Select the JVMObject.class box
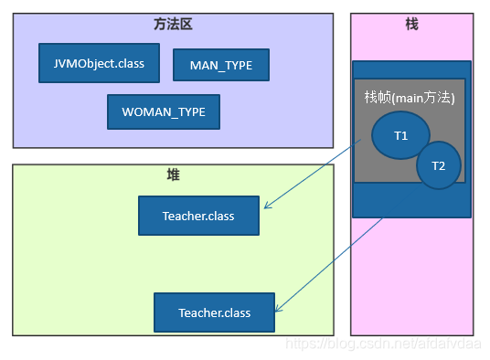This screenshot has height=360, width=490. click(99, 63)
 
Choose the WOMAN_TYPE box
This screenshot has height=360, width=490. click(164, 111)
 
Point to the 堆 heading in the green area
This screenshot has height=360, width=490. click(173, 174)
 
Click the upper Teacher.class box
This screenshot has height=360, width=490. click(198, 216)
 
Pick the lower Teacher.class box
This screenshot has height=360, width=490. click(215, 312)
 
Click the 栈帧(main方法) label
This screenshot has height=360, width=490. click(409, 97)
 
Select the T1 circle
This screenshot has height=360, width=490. click(400, 135)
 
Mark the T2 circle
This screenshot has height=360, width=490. click(438, 165)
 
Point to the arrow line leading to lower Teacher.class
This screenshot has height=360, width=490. click(329, 265)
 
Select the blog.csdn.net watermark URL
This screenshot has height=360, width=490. click(385, 344)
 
